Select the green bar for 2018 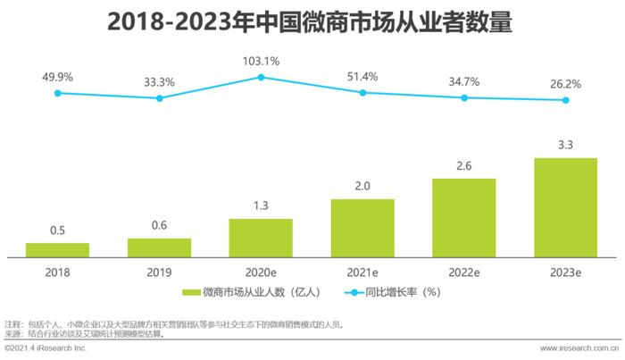click(57, 249)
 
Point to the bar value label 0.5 click(57, 230)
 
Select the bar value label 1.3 click(261, 206)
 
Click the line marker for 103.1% click(261, 77)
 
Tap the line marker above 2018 click(57, 93)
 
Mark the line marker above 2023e click(564, 100)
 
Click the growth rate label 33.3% click(160, 81)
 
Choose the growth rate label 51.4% click(362, 76)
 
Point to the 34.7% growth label click(463, 81)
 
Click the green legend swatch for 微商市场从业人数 click(190, 292)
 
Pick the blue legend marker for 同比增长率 click(333, 292)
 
